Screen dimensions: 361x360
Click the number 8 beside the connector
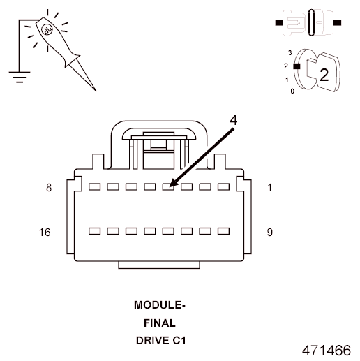tap(48, 188)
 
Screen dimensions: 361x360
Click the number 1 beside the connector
tap(270, 188)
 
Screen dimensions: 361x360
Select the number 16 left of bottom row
tap(46, 231)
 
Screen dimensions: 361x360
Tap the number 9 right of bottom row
tap(270, 231)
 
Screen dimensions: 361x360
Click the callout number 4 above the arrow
tap(233, 119)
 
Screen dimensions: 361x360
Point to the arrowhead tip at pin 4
tap(170, 186)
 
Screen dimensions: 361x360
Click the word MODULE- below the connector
tap(160, 305)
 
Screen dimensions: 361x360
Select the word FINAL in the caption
tap(160, 323)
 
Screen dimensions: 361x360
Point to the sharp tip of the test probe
tap(96, 90)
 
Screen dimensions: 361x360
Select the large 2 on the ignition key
tap(323, 75)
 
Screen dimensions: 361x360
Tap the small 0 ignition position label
tap(292, 91)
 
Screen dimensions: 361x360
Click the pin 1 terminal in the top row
tap(223, 187)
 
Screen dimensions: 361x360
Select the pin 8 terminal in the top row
tap(95, 187)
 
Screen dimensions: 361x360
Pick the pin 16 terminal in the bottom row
tap(95, 230)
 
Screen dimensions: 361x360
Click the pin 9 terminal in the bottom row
tap(223, 230)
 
